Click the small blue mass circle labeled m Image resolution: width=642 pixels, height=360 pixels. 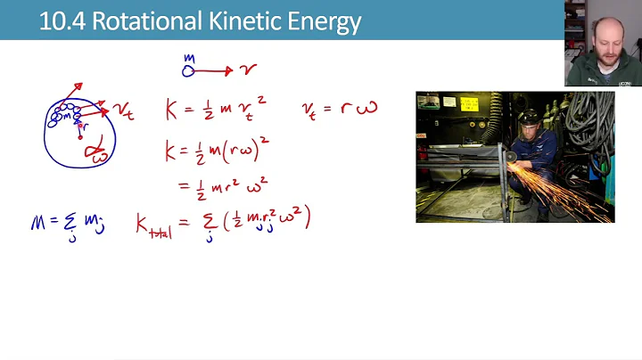click(x=188, y=70)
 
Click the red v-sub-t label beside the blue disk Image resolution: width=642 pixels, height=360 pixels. click(x=123, y=111)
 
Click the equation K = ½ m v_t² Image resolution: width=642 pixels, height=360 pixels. click(x=215, y=110)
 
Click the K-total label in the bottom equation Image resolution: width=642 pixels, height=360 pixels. click(x=152, y=224)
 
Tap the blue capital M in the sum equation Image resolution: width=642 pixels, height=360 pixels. click(x=38, y=223)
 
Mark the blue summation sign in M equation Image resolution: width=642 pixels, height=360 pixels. click(x=70, y=223)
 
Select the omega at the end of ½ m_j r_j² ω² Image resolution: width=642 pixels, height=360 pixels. click(x=289, y=219)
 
